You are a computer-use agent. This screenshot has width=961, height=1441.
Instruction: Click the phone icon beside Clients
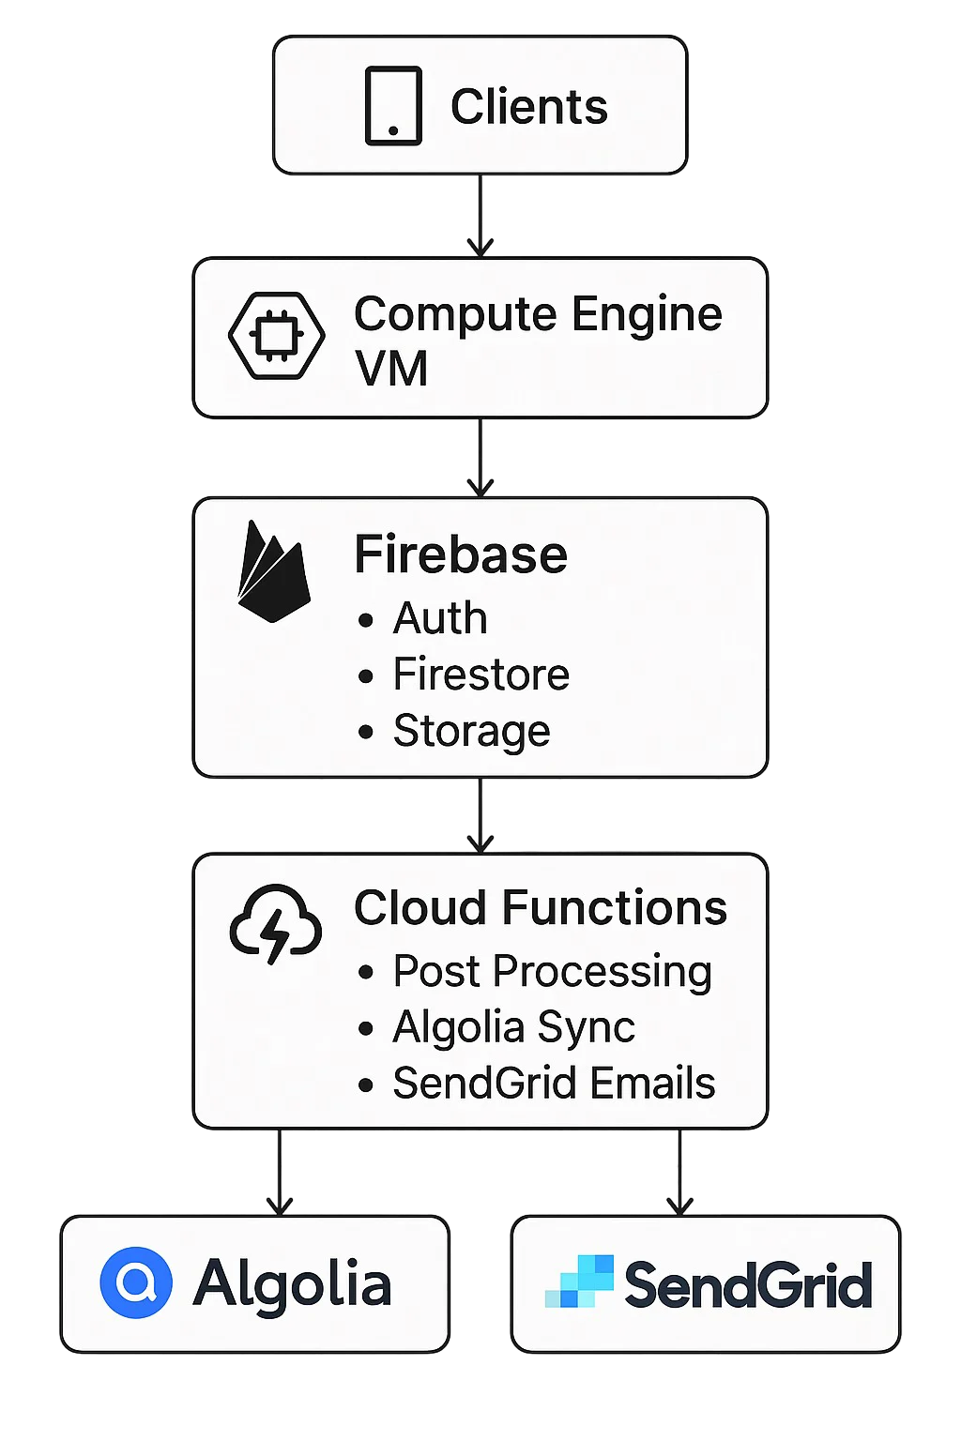point(393,105)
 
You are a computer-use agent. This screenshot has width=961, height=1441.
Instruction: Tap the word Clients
point(529,107)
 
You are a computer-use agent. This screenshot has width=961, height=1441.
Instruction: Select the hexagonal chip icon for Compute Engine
point(277,335)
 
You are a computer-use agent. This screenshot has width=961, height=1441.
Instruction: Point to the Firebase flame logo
point(274,571)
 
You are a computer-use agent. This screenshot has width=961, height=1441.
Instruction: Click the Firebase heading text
point(461,554)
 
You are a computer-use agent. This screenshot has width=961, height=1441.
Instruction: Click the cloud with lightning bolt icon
point(276,924)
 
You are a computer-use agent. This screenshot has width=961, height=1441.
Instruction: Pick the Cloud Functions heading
point(541,908)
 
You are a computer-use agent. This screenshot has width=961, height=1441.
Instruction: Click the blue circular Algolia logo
point(136,1282)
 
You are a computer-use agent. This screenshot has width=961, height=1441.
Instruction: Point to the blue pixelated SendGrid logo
point(579,1282)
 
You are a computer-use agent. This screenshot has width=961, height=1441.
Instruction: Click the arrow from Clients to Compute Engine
point(480,216)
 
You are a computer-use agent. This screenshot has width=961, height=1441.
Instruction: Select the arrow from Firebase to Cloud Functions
point(480,815)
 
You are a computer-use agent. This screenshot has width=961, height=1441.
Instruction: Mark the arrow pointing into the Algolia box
point(280,1172)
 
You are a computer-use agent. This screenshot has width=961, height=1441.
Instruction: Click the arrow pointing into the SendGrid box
point(679,1172)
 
